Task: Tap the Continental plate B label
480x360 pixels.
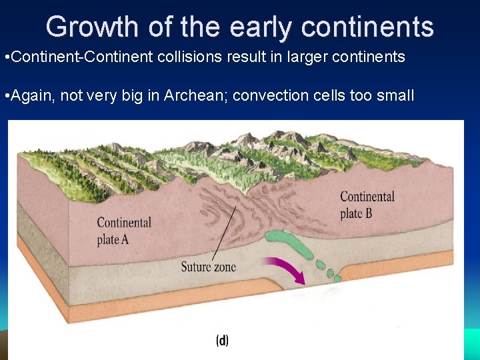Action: (367, 205)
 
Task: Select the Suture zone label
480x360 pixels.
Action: (208, 267)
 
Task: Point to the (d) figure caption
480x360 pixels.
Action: (222, 341)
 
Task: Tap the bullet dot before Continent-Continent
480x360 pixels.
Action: (5, 57)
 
